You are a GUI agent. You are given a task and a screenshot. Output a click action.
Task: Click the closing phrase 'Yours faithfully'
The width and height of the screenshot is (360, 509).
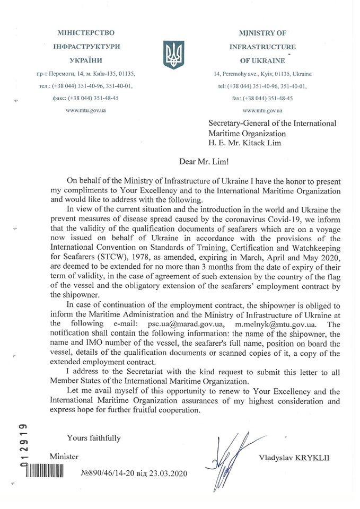pyautogui.click(x=93, y=437)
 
